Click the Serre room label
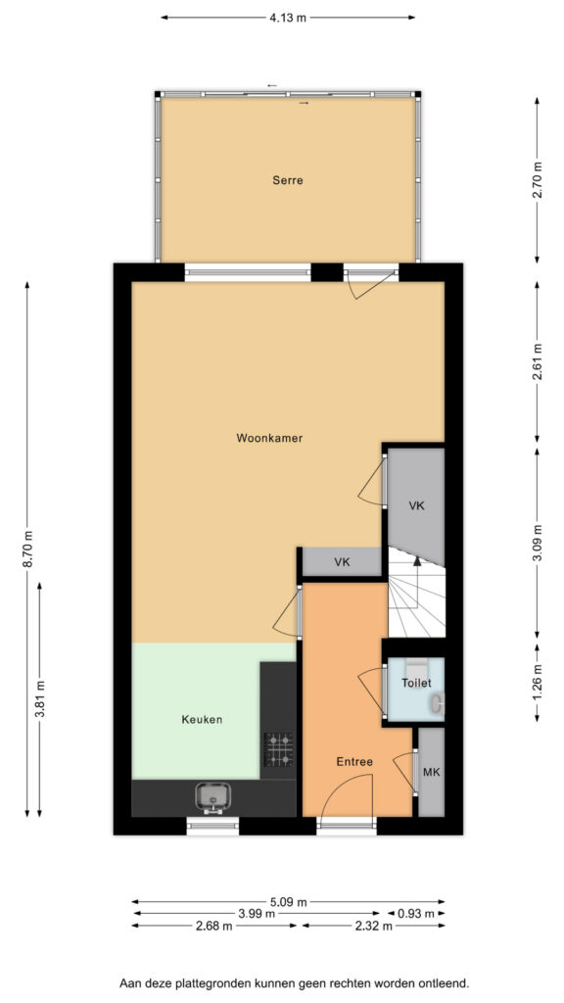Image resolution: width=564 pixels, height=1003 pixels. (x=287, y=180)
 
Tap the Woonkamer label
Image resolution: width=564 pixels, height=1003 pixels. (x=269, y=438)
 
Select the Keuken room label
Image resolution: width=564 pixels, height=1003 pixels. (x=202, y=720)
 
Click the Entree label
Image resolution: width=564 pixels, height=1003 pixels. (x=354, y=762)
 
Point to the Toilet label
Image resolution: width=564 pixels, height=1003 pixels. (x=416, y=683)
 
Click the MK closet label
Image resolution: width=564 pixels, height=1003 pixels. (x=432, y=772)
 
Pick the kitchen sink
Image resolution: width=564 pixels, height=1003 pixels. (x=211, y=797)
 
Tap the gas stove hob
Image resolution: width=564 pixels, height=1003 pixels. (x=279, y=749)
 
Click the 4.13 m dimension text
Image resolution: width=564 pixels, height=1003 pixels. (x=287, y=18)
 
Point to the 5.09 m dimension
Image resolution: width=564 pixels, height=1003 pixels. (x=289, y=902)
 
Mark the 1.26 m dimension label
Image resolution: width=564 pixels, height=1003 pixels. (x=538, y=683)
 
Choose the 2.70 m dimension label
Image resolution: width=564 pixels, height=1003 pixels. (x=538, y=180)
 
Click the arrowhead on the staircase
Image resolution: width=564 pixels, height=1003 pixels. (x=417, y=561)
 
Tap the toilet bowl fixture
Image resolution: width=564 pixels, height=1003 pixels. (x=438, y=704)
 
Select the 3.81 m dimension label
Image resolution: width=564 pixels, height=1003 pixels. (x=39, y=699)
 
